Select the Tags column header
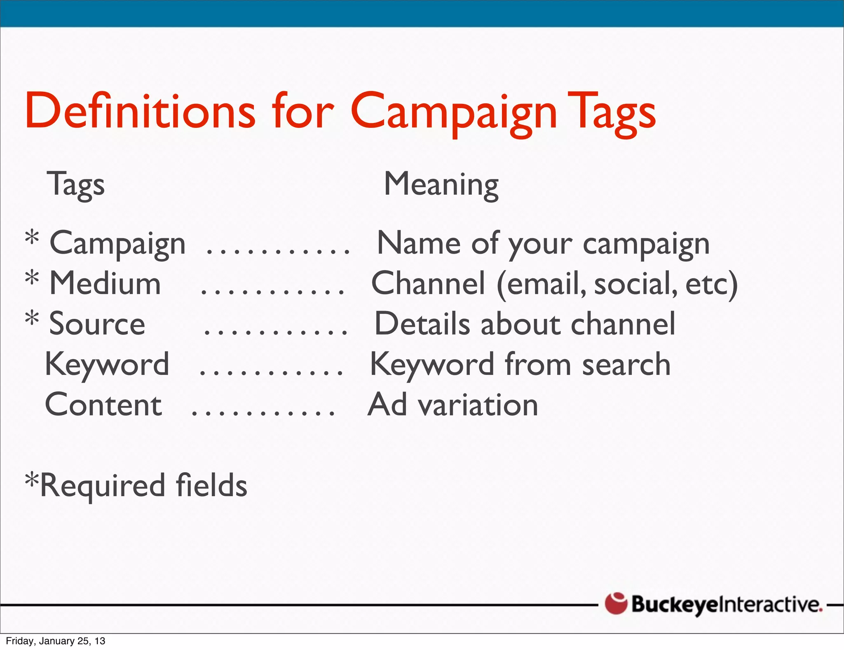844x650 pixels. [x=76, y=184]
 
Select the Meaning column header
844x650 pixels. [x=441, y=184]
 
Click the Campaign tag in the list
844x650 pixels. [x=117, y=244]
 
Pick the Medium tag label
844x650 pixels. [x=105, y=283]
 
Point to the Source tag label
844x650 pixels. [x=97, y=324]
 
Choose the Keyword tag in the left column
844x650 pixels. [x=107, y=365]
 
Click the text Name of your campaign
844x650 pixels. [x=543, y=244]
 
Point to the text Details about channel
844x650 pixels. [x=525, y=324]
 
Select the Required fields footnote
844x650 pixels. [x=136, y=485]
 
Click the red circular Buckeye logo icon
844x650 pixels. [x=616, y=603]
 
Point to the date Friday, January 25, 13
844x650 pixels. [x=56, y=641]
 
